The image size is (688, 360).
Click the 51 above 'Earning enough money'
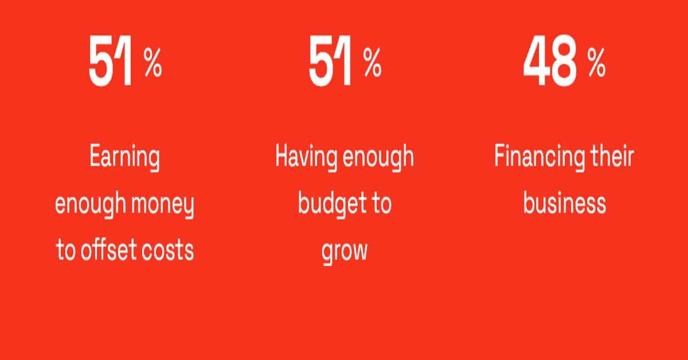(x=111, y=61)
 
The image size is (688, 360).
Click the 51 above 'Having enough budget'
(x=330, y=61)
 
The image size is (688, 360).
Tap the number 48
(x=550, y=61)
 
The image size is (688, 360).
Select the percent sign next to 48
(x=596, y=62)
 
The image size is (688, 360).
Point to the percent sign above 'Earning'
(x=153, y=62)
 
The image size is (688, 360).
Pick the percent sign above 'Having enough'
(x=373, y=62)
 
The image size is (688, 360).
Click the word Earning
(x=125, y=158)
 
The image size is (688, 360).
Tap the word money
(x=162, y=205)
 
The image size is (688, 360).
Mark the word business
(x=565, y=203)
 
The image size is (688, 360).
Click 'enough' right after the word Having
(x=378, y=158)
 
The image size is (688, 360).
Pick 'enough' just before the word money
(x=91, y=204)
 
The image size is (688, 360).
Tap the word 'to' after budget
(x=381, y=204)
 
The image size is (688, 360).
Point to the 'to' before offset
(x=66, y=251)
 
